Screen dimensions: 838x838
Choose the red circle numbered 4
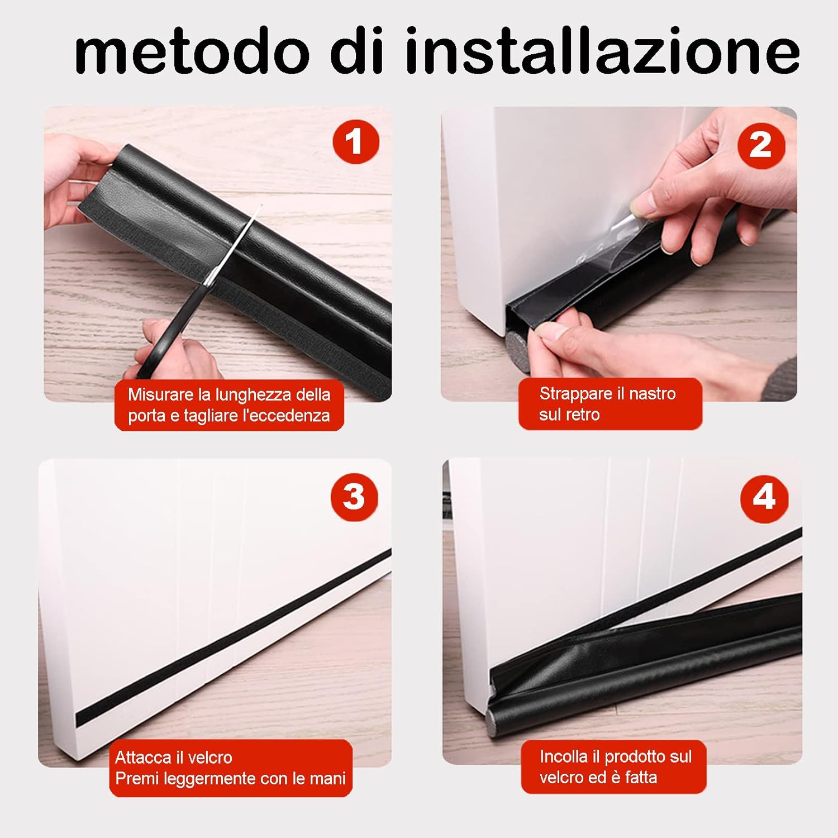tap(764, 497)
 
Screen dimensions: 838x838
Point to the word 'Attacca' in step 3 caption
tap(142, 758)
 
